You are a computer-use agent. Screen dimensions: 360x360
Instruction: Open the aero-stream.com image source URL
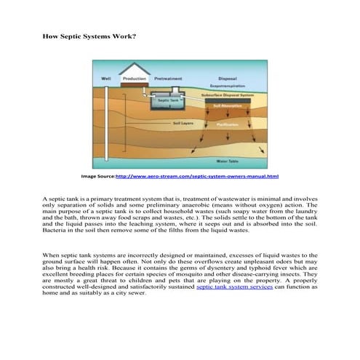coord(197,177)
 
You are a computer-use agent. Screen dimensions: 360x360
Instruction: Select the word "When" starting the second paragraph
coord(51,256)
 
